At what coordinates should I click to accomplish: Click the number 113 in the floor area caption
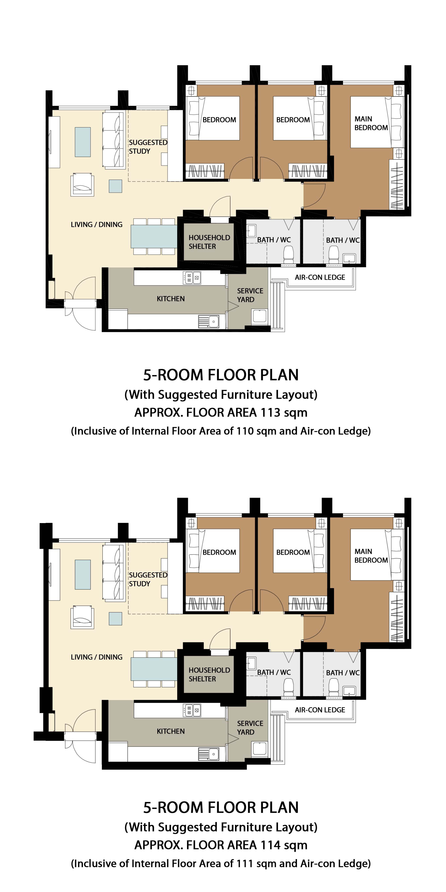[x=270, y=413]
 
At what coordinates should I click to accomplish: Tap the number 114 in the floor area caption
[x=270, y=845]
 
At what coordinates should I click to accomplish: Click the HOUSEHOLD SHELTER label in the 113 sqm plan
[x=209, y=242]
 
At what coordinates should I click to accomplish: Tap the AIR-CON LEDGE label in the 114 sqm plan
[x=320, y=710]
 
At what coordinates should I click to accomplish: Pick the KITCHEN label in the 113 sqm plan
[x=171, y=298]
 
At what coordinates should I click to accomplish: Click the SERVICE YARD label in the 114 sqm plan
[x=250, y=728]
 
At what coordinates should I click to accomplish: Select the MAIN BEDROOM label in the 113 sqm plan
[x=371, y=123]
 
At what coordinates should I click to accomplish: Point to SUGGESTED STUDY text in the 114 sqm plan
[x=148, y=579]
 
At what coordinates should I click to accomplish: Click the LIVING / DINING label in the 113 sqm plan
[x=97, y=224]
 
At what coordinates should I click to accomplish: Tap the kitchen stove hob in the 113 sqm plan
[x=192, y=278]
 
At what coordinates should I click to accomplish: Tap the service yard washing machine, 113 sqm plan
[x=260, y=316]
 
